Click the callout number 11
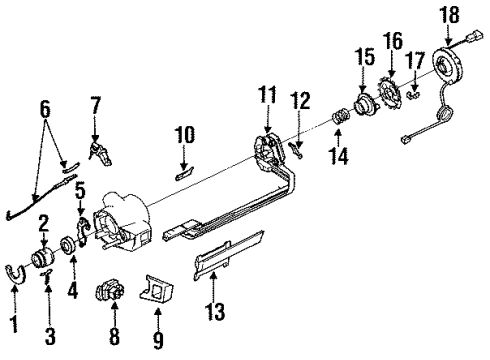267,96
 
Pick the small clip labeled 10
183,168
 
